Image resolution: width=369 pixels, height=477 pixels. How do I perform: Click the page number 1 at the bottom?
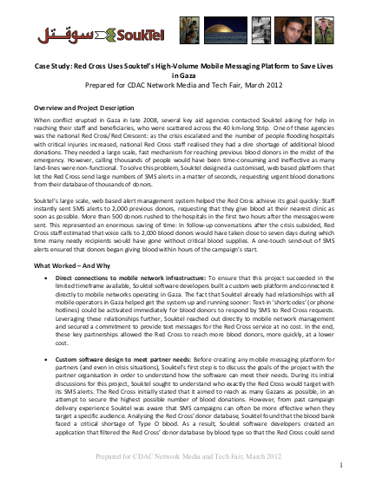pyautogui.click(x=335, y=465)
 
